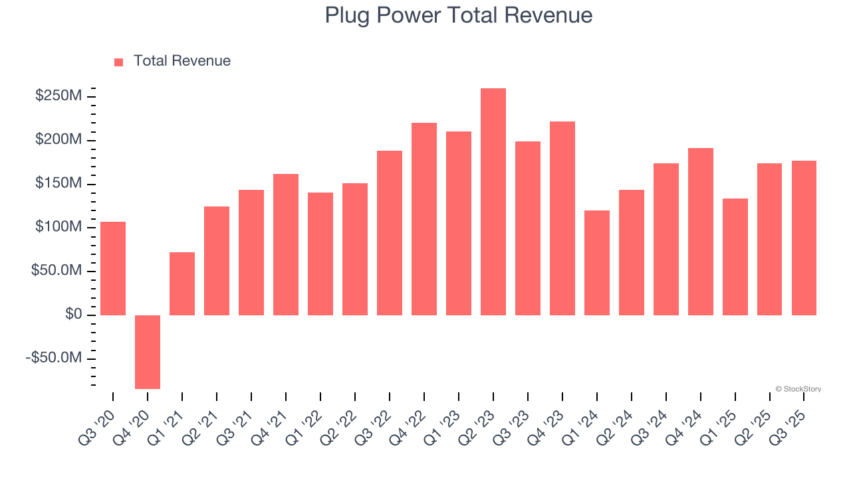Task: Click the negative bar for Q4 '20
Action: tap(148, 352)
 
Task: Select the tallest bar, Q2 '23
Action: tap(493, 202)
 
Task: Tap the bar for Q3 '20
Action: tap(113, 268)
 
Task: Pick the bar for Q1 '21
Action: tap(182, 283)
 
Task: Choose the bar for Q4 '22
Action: tap(424, 219)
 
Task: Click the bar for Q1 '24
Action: tap(597, 263)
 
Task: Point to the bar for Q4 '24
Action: tap(701, 232)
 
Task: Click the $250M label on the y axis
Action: tap(59, 96)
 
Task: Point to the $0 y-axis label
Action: tap(73, 315)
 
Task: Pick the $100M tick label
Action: tap(59, 227)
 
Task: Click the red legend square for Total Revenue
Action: tap(119, 62)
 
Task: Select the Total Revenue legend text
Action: tap(182, 61)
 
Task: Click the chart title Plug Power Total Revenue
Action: tap(458, 15)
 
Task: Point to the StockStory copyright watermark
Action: tap(798, 389)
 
